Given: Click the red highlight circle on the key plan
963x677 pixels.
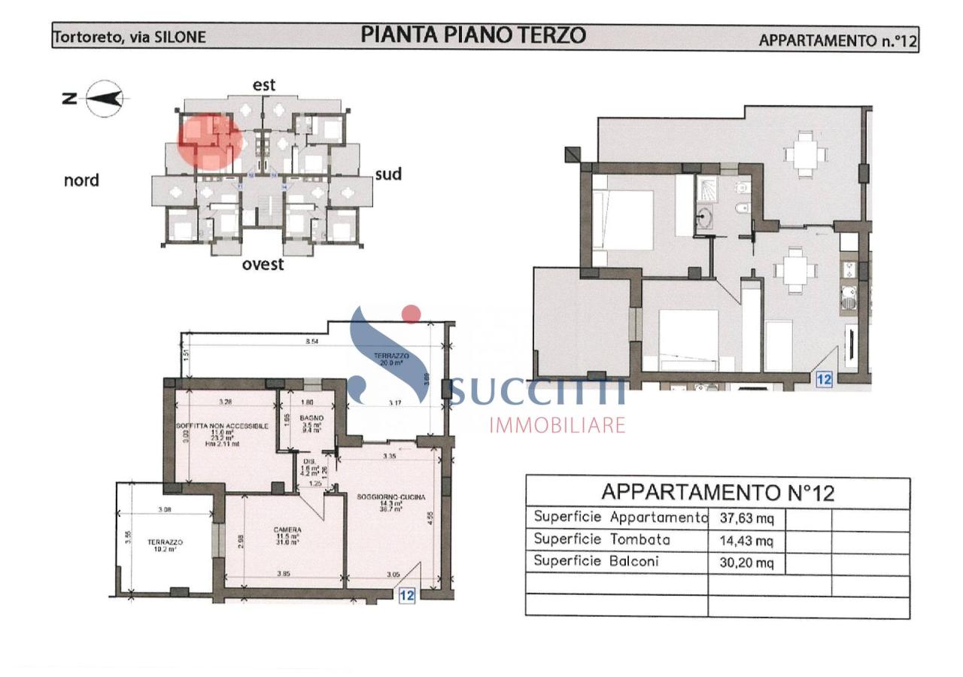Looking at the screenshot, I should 209,141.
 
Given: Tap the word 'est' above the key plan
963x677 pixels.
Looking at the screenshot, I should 264,85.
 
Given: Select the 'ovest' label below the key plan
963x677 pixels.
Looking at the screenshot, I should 263,264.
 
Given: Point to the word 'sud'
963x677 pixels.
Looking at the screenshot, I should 388,175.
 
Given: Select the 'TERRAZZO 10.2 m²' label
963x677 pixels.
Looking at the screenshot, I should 165,545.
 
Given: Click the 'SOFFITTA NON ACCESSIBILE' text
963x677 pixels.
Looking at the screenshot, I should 223,426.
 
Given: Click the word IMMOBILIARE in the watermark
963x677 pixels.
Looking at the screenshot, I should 557,425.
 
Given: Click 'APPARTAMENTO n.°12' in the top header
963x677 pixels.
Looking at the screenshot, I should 837,41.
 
